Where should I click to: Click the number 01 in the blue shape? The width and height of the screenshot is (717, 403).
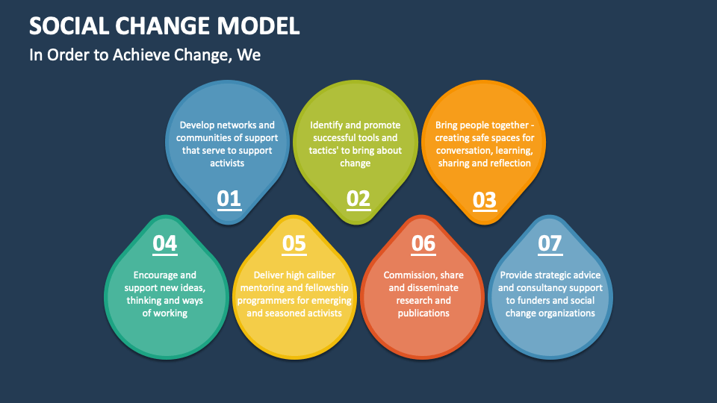tap(229, 199)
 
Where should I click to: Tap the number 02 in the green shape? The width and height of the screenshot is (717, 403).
tap(358, 199)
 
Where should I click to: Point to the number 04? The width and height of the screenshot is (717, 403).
tap(164, 243)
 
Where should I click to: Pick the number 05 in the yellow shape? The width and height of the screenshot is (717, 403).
tap(294, 243)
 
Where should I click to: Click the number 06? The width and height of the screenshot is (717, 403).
tap(423, 243)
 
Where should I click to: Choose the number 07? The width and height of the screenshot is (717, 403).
tap(549, 243)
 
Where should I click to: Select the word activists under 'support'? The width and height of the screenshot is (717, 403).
tap(227, 163)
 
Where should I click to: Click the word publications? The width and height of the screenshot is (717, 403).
tap(423, 313)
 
